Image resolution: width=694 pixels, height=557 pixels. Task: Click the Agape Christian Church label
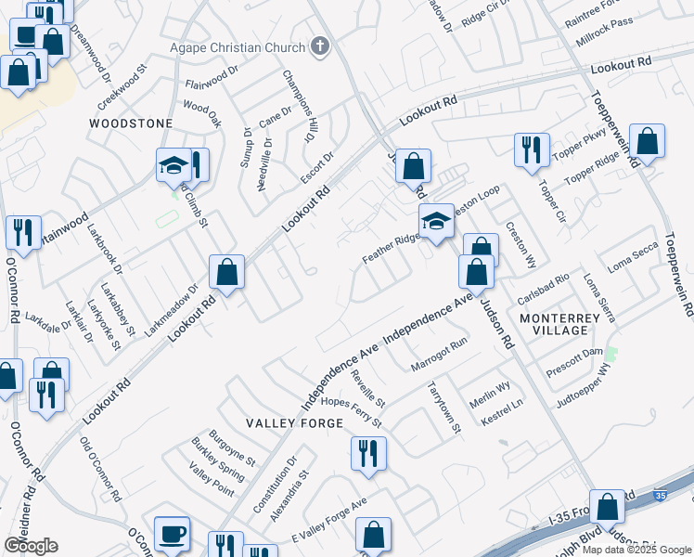237,47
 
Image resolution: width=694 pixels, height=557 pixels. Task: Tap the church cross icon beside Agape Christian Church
320,46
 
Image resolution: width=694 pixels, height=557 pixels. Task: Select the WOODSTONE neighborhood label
131,123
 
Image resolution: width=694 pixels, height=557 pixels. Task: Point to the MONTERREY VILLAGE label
567,324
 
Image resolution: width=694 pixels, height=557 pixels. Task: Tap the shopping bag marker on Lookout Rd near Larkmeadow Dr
226,273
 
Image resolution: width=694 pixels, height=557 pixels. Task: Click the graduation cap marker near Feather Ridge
435,221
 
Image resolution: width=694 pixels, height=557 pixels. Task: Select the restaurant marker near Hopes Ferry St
368,453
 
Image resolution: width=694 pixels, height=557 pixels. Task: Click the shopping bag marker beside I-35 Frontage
607,508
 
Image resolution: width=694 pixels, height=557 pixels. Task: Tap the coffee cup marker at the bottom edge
172,534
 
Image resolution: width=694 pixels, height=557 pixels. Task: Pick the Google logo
31,546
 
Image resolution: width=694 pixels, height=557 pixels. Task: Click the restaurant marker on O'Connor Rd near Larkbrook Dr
23,231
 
